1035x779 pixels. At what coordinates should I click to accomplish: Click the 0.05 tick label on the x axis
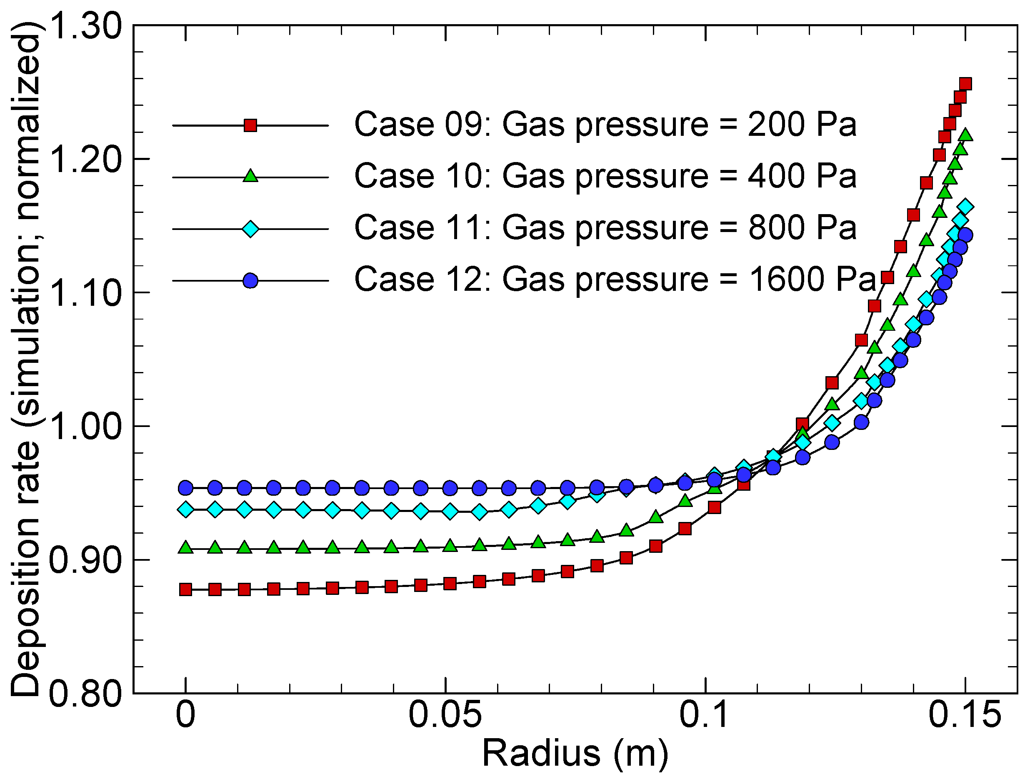coord(445,715)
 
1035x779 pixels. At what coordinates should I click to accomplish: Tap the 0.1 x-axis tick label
coord(704,715)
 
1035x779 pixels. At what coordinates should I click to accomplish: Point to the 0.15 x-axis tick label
coord(964,715)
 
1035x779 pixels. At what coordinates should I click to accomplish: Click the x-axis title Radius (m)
coord(575,754)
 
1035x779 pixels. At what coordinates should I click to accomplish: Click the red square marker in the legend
coord(251,125)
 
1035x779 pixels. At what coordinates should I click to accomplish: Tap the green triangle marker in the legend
coord(251,176)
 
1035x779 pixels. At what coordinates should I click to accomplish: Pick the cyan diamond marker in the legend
coord(251,229)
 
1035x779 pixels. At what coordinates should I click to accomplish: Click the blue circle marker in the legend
coord(251,281)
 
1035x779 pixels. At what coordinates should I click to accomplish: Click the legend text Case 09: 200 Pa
coord(605,125)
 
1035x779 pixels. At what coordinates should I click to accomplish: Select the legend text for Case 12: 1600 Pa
coord(614,280)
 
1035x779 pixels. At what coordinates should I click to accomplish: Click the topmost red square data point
coord(965,84)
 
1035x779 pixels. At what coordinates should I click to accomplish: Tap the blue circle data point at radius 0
coord(186,488)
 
